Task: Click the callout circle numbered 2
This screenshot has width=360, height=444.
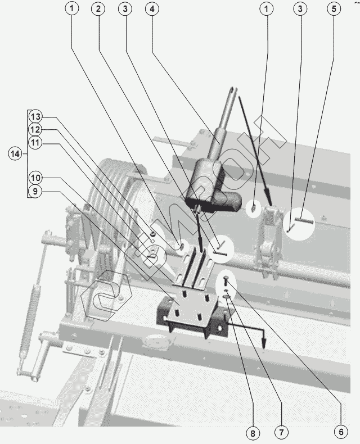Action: click(99, 9)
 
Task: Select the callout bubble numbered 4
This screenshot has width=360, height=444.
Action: click(151, 9)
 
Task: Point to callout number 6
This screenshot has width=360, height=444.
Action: click(339, 432)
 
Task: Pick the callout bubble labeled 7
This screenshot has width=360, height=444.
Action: click(281, 432)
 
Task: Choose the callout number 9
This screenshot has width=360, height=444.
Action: click(35, 191)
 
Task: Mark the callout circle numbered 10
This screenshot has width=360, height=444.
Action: click(35, 178)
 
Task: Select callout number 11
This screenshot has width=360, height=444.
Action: click(35, 143)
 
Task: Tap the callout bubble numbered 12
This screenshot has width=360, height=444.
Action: click(35, 129)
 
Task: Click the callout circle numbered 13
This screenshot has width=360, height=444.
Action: click(35, 117)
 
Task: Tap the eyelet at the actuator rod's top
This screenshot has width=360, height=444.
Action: click(233, 92)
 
